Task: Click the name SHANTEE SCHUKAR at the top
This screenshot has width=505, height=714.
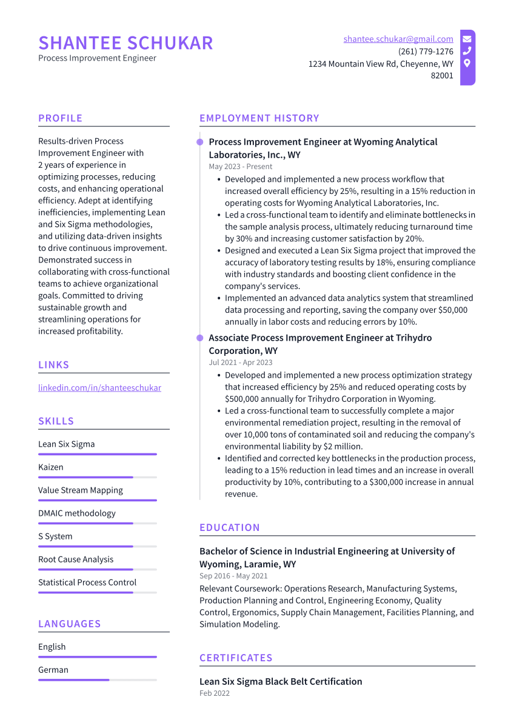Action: click(125, 43)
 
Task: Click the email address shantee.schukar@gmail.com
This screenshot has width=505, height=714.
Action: click(398, 39)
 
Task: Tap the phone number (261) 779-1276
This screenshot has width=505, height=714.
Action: click(426, 52)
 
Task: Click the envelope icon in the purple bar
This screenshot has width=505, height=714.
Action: click(467, 39)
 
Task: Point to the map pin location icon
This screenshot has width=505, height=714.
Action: click(467, 63)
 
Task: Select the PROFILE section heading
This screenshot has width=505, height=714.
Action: click(60, 118)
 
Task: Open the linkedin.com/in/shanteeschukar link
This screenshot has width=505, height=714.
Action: click(99, 387)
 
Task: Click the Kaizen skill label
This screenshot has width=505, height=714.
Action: click(51, 467)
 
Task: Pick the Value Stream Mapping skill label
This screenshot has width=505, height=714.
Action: click(81, 490)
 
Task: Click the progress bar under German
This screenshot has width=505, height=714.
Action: click(97, 680)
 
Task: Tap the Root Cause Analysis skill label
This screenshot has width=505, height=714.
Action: click(76, 559)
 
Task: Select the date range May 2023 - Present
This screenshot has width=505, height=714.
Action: click(241, 167)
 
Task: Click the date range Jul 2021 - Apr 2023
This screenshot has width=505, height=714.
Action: click(241, 362)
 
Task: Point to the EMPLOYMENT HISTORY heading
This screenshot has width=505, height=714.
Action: click(259, 118)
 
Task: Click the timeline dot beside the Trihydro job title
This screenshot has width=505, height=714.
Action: click(199, 338)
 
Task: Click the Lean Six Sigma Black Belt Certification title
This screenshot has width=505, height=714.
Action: click(281, 681)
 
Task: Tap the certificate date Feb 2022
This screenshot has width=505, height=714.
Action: click(215, 693)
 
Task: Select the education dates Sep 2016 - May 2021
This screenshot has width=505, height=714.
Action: click(233, 576)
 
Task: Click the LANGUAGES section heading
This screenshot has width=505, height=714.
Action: click(69, 624)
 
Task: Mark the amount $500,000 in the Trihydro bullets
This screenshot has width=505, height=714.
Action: click(243, 399)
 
